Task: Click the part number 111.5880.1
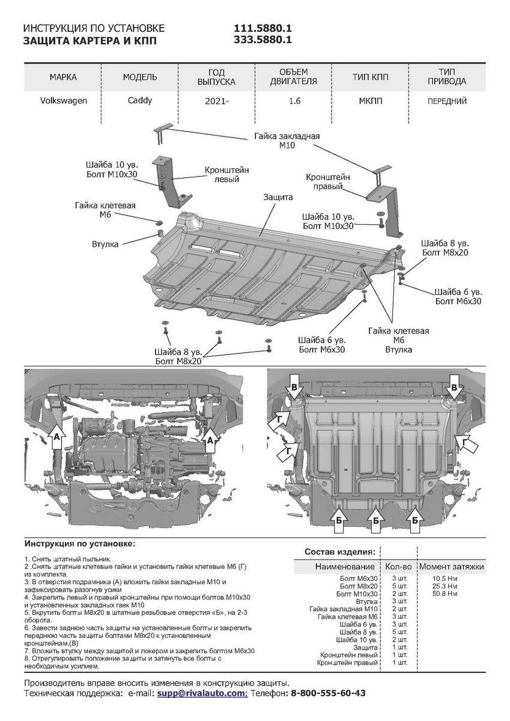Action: point(263,29)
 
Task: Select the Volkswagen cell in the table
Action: point(63,101)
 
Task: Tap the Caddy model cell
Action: point(140,101)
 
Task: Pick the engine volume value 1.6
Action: point(294,102)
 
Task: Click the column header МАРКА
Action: point(63,78)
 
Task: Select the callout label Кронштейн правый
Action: point(328,182)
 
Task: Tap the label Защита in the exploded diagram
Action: point(278,197)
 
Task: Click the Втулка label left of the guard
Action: point(105,243)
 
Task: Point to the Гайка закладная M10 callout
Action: point(287,141)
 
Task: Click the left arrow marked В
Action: point(294,388)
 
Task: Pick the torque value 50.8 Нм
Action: point(445,594)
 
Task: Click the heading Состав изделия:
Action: point(340,552)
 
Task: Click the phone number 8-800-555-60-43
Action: point(328,693)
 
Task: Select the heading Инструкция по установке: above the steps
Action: point(79,543)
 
